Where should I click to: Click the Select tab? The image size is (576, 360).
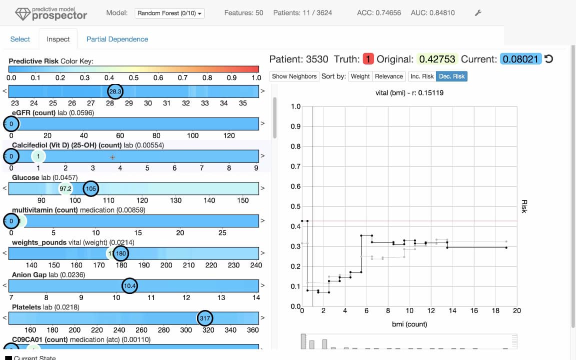(x=20, y=39)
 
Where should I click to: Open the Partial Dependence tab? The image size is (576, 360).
(x=117, y=39)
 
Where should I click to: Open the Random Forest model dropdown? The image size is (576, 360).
(x=170, y=13)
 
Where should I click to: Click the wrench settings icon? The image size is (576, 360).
(x=477, y=13)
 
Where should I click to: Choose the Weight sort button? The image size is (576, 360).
(x=360, y=76)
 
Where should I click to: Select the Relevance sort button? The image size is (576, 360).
(x=389, y=76)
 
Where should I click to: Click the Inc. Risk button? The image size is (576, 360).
(x=421, y=76)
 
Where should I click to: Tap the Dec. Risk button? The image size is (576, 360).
(x=451, y=76)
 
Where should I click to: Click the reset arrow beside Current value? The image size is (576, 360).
(x=548, y=59)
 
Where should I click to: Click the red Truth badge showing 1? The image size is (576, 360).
(x=368, y=59)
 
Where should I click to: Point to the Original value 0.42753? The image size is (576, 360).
(x=437, y=59)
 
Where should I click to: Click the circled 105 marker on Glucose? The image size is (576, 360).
(x=90, y=188)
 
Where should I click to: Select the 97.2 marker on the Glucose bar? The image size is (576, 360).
(x=65, y=188)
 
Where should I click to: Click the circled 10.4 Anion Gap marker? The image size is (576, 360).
(x=129, y=285)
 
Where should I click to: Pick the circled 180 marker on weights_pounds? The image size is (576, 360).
(x=120, y=253)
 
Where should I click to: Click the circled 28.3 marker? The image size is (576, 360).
(x=115, y=91)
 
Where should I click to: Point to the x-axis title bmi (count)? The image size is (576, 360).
(x=409, y=324)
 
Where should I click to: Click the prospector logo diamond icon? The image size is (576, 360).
(x=21, y=14)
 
